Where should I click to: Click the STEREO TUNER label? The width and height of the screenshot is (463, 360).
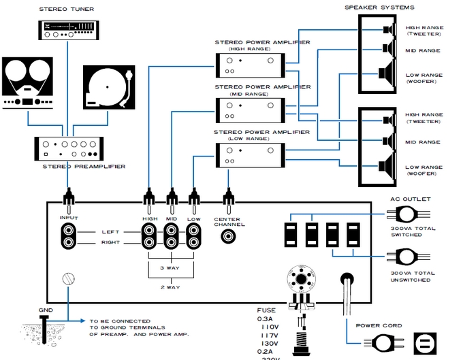coord(66,10)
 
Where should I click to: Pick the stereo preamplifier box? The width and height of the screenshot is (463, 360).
coord(67,148)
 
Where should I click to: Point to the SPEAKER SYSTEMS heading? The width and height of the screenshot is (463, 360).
coord(379,7)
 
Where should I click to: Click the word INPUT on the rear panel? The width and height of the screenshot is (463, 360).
coord(69,218)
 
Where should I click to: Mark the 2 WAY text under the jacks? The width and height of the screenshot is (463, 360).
coord(171,288)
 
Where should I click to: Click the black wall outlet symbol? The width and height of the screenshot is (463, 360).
coord(424,344)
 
